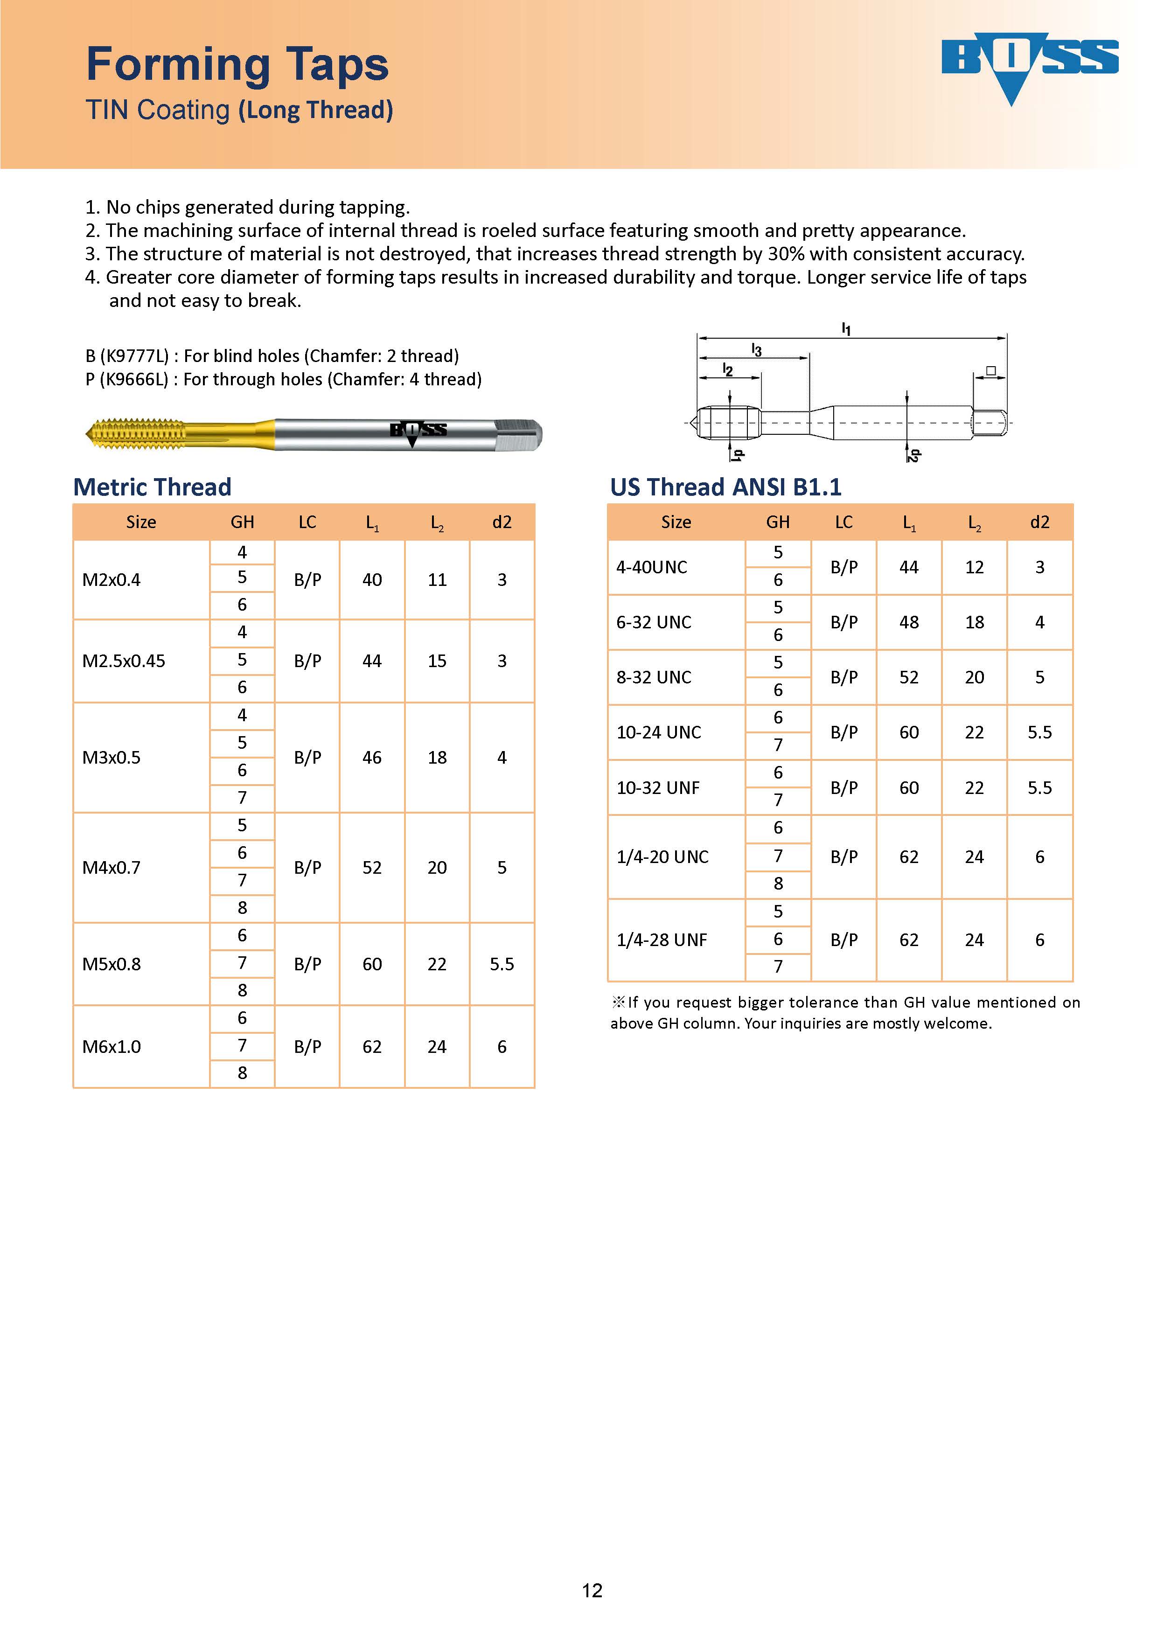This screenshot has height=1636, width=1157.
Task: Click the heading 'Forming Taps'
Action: (237, 64)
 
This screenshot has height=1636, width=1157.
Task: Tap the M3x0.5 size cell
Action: (112, 758)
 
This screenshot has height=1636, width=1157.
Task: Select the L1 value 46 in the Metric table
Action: (372, 758)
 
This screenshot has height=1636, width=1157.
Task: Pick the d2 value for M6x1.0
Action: (502, 1047)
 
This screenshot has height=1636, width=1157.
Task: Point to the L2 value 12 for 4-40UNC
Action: (974, 567)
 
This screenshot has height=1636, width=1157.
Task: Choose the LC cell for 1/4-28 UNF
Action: (843, 940)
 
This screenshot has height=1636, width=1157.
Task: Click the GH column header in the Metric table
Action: (242, 522)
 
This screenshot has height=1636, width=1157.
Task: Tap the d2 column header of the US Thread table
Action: (1039, 522)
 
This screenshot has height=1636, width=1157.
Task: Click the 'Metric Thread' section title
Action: (153, 487)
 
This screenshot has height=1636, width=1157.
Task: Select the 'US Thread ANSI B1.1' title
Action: (725, 487)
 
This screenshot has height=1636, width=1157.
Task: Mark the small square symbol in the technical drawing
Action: (990, 370)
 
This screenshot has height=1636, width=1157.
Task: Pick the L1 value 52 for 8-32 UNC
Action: (908, 678)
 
